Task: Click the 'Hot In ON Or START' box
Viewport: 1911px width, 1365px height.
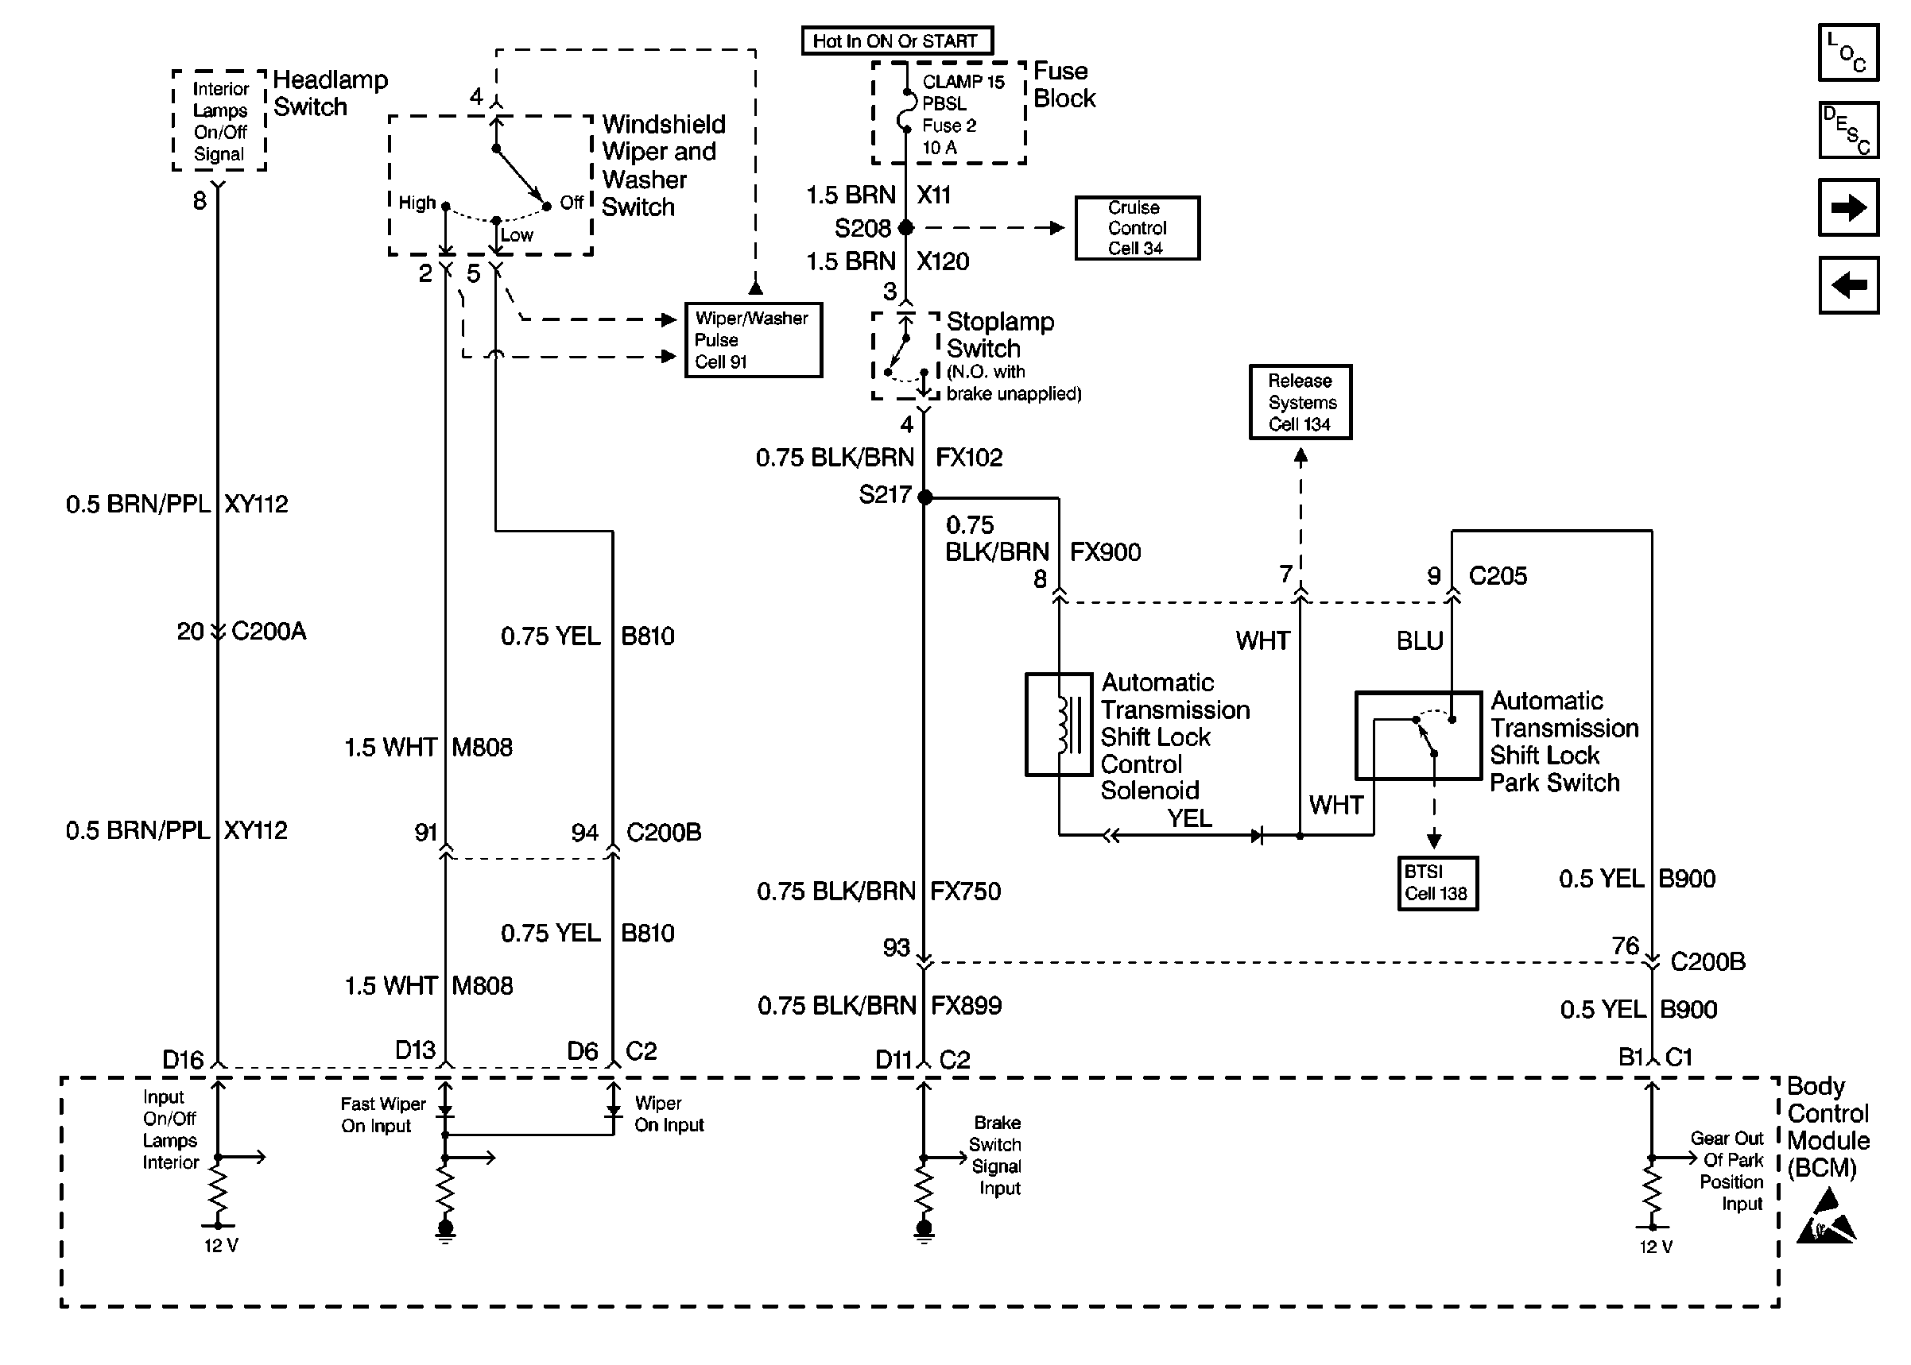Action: click(896, 41)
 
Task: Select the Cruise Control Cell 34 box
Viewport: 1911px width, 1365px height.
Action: click(1137, 228)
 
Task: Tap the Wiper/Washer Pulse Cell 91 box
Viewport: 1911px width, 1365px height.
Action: click(753, 339)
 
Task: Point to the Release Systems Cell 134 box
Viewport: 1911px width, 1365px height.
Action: click(1300, 402)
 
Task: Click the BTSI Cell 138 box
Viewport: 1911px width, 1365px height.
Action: click(1436, 883)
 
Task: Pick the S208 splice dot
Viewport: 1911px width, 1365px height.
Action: click(905, 228)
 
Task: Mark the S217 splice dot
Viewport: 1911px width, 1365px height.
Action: click(924, 497)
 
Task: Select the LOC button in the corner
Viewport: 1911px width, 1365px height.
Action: click(1848, 53)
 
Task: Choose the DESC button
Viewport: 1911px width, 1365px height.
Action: click(1848, 130)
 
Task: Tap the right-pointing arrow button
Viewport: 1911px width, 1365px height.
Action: click(1848, 207)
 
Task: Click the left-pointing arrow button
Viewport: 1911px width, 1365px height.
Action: click(1848, 285)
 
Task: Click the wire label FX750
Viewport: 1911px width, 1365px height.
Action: click(965, 891)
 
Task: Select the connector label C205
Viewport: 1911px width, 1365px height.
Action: click(1498, 576)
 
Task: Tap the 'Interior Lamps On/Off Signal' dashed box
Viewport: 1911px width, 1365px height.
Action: click(219, 121)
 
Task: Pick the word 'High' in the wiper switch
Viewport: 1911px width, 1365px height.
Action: click(417, 203)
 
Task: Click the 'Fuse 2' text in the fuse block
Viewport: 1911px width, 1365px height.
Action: click(949, 126)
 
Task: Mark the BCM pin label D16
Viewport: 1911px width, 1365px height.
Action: click(184, 1060)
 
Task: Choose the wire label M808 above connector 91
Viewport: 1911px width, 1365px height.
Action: click(482, 747)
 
